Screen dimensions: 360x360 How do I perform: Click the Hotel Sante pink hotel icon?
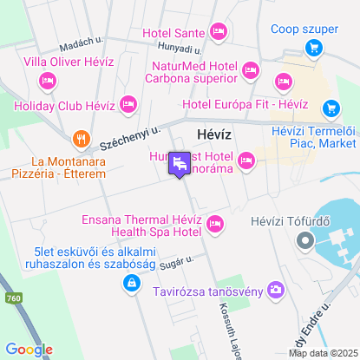pyautogui.click(x=218, y=33)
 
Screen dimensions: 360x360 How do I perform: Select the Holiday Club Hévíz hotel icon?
pyautogui.click(x=128, y=105)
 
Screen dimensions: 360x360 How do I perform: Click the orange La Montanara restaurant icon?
pyautogui.click(x=81, y=139)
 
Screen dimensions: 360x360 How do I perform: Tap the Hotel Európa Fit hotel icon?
pyautogui.click(x=282, y=82)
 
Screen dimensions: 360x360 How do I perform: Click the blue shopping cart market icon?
pyautogui.click(x=331, y=108)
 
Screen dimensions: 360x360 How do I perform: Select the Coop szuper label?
pyautogui.click(x=304, y=29)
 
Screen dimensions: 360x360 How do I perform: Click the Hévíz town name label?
pyautogui.click(x=198, y=135)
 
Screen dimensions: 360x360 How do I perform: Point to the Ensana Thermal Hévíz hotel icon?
pyautogui.click(x=214, y=225)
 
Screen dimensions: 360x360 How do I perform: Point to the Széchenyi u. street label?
pyautogui.click(x=129, y=137)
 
